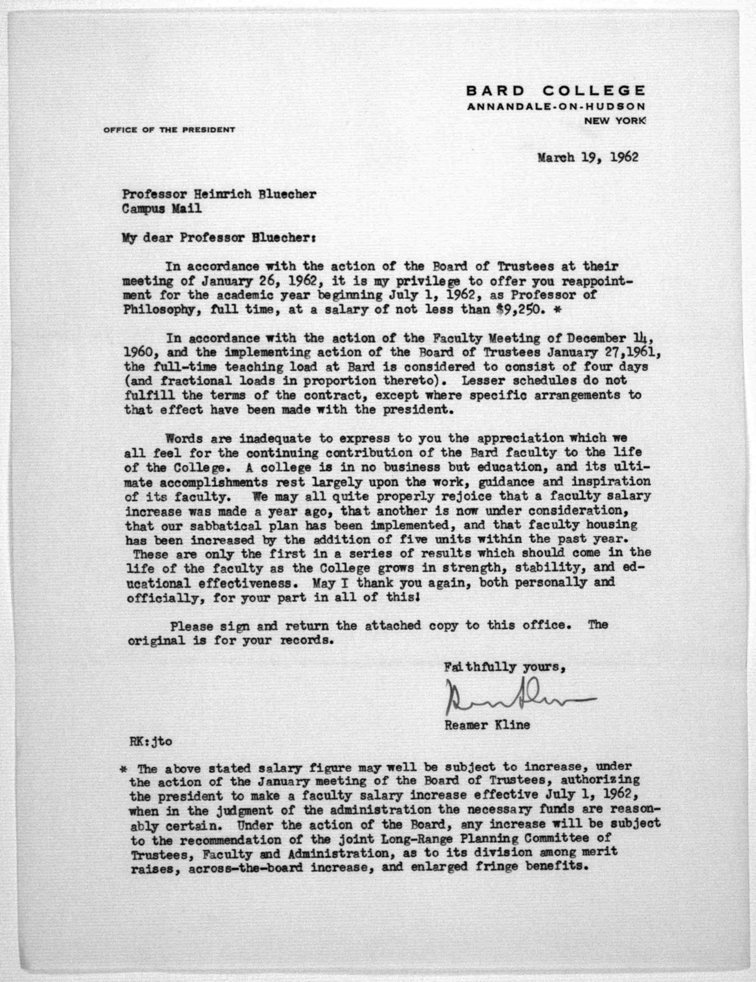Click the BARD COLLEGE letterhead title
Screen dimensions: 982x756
tap(556, 91)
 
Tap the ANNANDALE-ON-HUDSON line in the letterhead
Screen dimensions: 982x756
tap(556, 107)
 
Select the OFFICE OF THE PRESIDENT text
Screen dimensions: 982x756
tap(169, 130)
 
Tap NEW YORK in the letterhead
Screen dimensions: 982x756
tap(614, 121)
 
